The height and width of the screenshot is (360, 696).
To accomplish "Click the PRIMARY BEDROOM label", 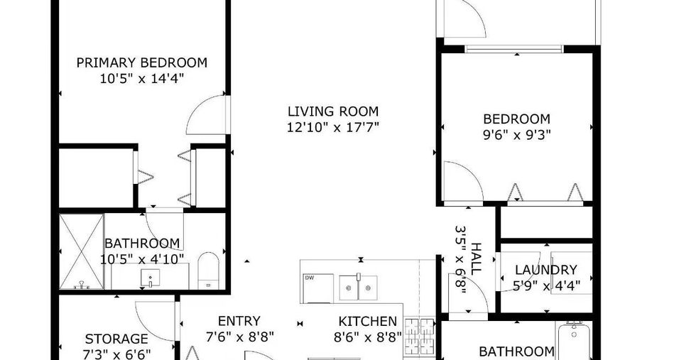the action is tap(141, 62).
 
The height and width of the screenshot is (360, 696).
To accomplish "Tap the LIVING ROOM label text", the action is tap(333, 111).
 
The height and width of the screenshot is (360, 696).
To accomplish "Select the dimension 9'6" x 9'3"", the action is tap(517, 134).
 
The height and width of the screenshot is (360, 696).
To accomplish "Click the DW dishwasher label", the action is tap(309, 278).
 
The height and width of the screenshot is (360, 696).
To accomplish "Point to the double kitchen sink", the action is tap(358, 288).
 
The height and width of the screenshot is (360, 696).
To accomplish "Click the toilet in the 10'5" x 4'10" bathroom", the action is tap(208, 271).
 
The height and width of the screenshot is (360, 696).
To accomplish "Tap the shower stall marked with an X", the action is tap(82, 251).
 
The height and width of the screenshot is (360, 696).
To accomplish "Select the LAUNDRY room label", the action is tap(546, 270).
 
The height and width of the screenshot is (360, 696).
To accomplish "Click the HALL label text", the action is tap(476, 258).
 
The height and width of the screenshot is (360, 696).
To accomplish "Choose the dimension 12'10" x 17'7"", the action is tap(333, 128).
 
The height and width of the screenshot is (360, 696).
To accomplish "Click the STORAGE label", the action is tap(116, 339).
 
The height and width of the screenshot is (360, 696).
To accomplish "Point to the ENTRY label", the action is tap(239, 321).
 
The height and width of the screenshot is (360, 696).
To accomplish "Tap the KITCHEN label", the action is tap(368, 322).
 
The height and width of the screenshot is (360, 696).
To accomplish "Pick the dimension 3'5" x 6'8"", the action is tap(460, 259).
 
